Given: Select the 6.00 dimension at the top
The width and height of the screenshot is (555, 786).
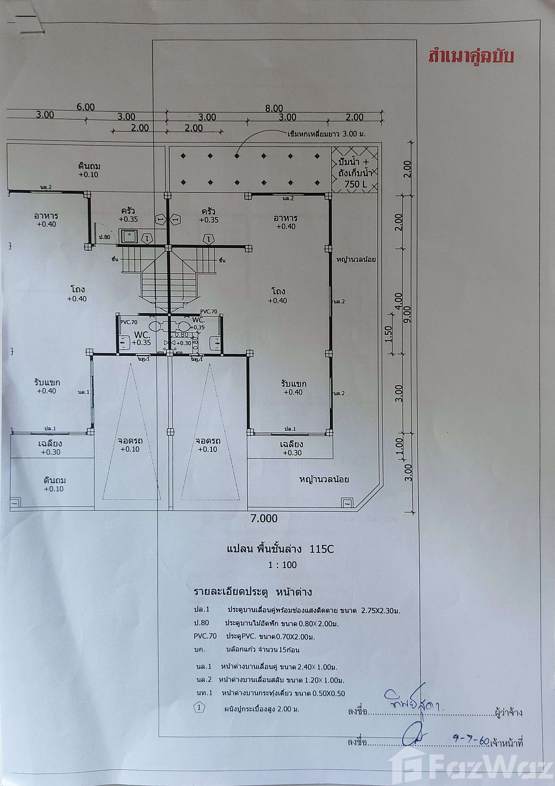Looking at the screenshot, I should pyautogui.click(x=86, y=107).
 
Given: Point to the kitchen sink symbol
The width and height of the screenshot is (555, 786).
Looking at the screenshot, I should pyautogui.click(x=128, y=237).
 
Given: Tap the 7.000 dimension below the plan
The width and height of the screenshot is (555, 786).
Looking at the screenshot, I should pyautogui.click(x=264, y=519).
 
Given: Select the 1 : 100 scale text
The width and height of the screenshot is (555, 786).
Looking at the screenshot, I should pyautogui.click(x=282, y=564).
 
